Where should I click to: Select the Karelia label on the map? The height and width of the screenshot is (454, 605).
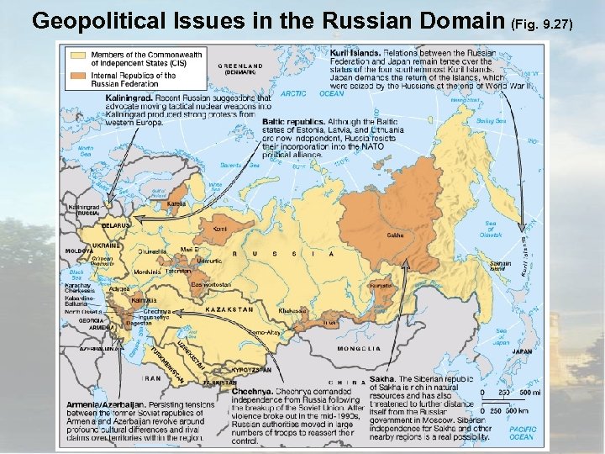(x=177, y=203)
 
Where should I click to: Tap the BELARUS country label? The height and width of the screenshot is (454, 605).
(x=116, y=225)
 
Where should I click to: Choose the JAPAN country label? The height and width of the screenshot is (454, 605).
(x=497, y=351)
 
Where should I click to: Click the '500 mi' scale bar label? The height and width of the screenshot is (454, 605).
(x=529, y=392)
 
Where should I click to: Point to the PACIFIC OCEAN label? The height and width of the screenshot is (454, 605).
(x=521, y=433)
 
